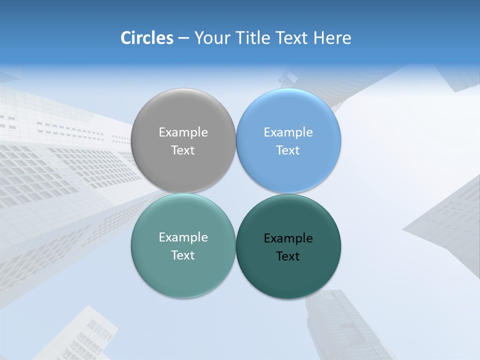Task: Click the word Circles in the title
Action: pyautogui.click(x=147, y=38)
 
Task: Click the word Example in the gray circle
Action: pyautogui.click(x=183, y=132)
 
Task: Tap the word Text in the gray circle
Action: pyautogui.click(x=183, y=150)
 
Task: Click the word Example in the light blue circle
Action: pyautogui.click(x=288, y=132)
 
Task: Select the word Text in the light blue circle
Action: pyautogui.click(x=288, y=150)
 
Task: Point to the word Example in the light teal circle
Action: pyautogui.click(x=183, y=237)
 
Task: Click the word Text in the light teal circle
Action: pyautogui.click(x=183, y=255)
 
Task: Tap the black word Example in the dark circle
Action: pyautogui.click(x=288, y=238)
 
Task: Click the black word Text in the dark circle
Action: pyautogui.click(x=288, y=256)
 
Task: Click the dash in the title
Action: pyautogui.click(x=183, y=38)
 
